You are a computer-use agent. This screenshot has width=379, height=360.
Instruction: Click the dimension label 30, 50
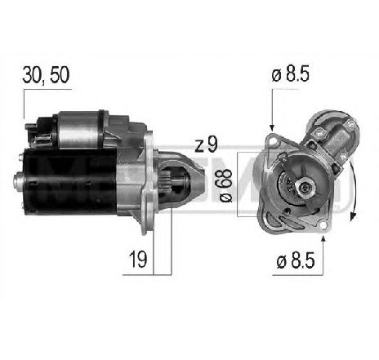click(47, 75)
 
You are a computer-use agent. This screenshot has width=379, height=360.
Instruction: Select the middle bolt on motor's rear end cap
click(17, 181)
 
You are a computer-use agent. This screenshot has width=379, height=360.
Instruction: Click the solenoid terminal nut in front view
click(350, 125)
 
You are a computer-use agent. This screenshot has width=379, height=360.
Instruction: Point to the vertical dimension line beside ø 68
click(238, 184)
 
